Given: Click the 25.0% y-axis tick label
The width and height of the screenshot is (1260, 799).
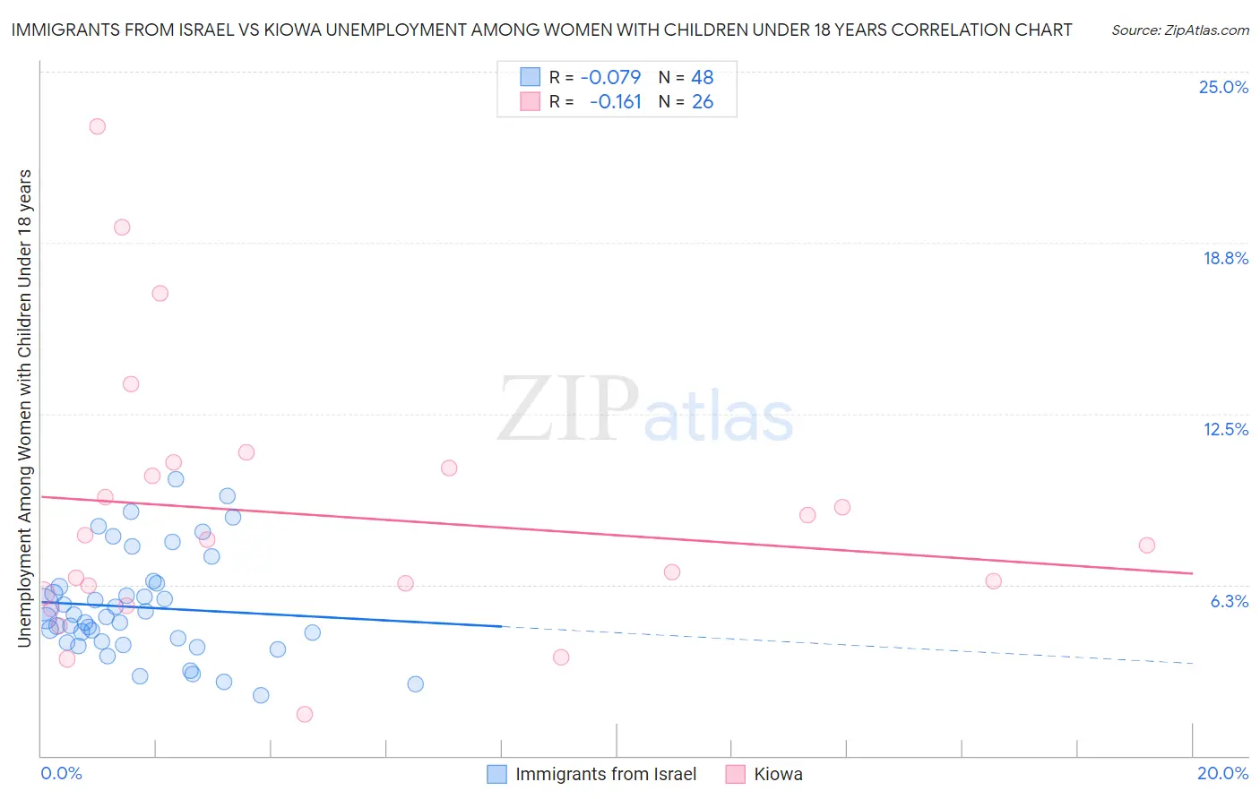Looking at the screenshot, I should pos(1223,87).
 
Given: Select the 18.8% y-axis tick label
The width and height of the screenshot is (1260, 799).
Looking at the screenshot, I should pos(1225,258).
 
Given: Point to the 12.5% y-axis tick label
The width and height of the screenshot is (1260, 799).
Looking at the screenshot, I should pos(1225,429).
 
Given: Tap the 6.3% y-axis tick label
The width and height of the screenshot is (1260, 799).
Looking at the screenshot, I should pos(1229,601).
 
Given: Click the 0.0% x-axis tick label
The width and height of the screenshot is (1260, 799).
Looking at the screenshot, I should pos(61,773).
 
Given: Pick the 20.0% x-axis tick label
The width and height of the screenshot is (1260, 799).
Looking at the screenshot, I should pos(1222,773).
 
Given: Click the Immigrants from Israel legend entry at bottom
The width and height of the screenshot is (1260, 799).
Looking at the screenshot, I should pos(606,774).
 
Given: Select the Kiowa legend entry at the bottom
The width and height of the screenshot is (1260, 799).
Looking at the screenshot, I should pos(778,774).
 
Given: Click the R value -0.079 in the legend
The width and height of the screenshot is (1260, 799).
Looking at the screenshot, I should pos(610,78).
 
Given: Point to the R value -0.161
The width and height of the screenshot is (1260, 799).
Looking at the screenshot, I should pos(616,102).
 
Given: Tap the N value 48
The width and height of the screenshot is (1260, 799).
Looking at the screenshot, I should pos(702,78).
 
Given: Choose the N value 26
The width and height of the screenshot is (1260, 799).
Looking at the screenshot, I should pos(702,102).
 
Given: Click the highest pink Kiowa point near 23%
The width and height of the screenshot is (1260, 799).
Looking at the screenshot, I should pos(97,126).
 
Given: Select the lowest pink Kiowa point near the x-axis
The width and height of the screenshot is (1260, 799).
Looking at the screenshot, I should pos(305,714).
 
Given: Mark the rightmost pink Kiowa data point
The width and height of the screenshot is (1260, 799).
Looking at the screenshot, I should pos(1146,545).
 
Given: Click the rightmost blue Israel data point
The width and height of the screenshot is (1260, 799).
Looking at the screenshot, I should pos(415,683).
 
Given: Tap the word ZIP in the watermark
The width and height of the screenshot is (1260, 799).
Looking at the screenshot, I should pos(567,408).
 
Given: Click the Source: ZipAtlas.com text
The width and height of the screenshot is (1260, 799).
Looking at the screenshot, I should pos(1179,30).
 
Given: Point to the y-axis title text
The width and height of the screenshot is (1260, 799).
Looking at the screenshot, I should pos(24,408).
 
